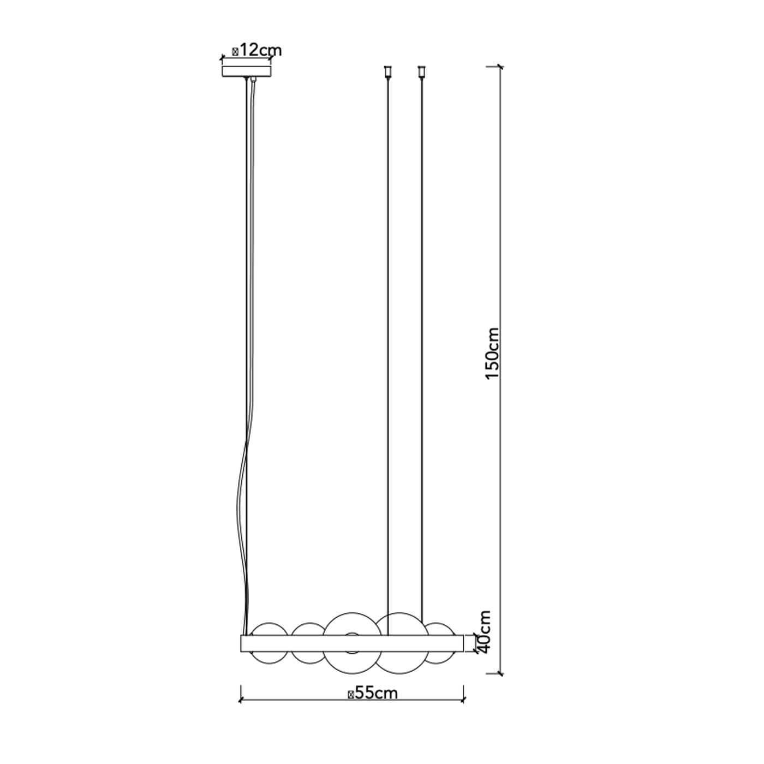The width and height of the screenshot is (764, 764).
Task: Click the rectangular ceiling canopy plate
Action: click(x=247, y=71)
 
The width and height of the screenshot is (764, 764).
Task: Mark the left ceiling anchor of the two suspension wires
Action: click(x=387, y=71)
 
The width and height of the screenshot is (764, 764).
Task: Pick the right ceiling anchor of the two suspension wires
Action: click(x=421, y=71)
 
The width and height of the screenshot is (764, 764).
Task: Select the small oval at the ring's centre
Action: click(x=351, y=635)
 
